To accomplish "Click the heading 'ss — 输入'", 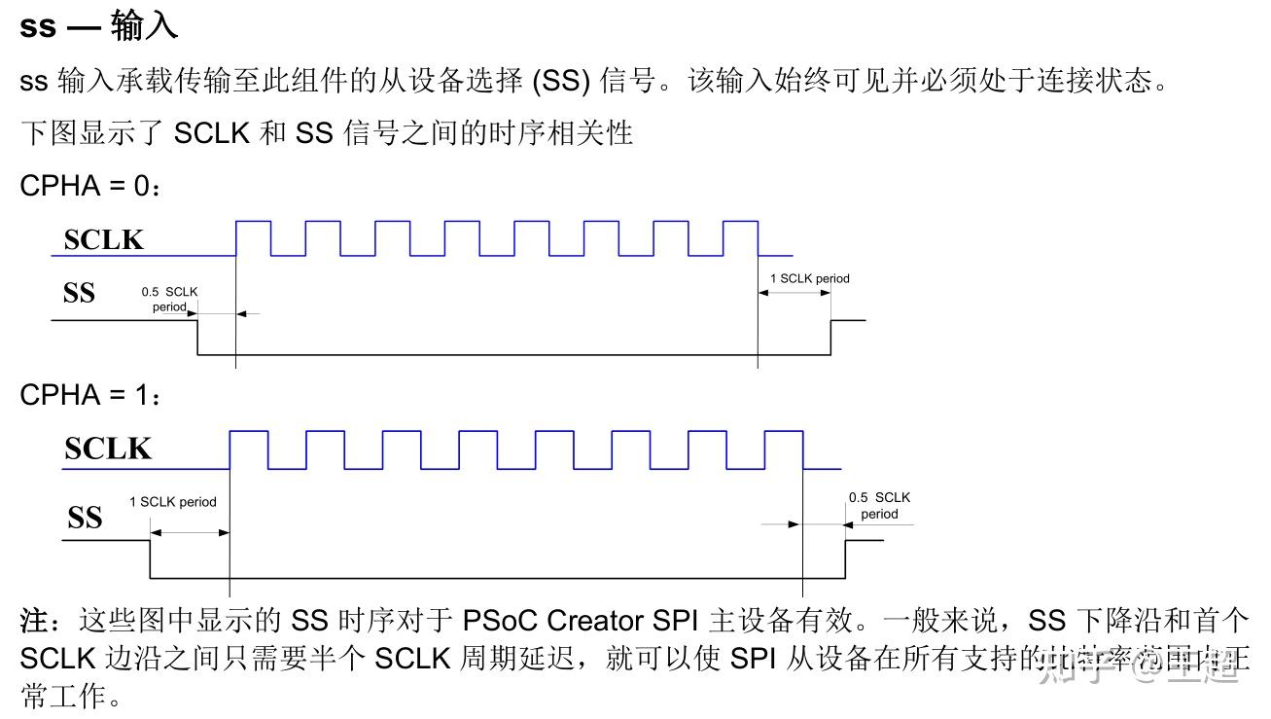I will coord(98,25).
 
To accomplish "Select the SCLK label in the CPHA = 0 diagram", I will coord(103,239).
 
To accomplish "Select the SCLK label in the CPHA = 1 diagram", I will coord(108,449).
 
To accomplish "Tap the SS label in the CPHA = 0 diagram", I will coord(79,292).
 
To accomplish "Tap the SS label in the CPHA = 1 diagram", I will coord(85,518).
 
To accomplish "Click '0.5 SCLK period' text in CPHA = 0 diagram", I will coord(169,299).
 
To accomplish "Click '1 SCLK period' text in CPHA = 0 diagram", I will coord(809,278).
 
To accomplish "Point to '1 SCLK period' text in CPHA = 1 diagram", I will coord(172,502).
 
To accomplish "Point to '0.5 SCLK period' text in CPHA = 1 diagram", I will coord(879,505).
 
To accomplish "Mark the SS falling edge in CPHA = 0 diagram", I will coord(198,338).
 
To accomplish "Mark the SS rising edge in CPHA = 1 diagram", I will coord(845,558).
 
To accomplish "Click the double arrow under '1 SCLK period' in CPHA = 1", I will coord(189,532).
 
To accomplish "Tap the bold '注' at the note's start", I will coord(34,620).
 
